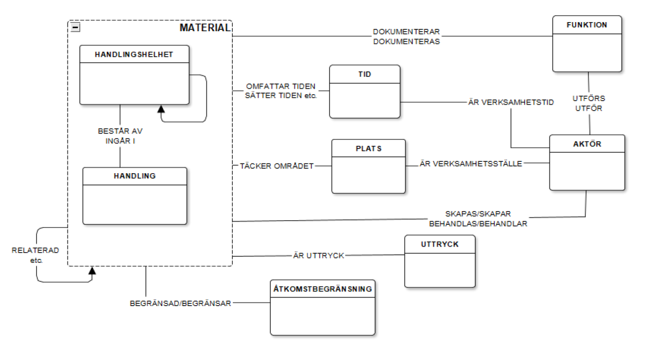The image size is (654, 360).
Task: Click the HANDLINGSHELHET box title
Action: coord(134,55)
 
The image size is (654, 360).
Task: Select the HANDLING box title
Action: coord(135,176)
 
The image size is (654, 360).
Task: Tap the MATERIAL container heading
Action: coord(205,27)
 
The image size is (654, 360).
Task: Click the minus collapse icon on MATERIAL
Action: coord(76,27)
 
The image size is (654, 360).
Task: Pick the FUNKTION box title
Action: coord(587,25)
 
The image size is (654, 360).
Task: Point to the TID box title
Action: coord(364,74)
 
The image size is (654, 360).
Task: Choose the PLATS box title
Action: coord(368,149)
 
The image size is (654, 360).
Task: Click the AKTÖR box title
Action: coord(587,144)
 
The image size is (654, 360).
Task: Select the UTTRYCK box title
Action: coord(440,244)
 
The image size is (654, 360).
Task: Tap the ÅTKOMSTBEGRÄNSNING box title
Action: coord(322,288)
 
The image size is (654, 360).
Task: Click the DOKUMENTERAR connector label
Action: coord(406,32)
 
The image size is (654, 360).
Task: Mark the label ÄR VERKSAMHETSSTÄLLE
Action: coord(471,164)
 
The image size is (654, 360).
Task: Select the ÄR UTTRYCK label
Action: coord(318,256)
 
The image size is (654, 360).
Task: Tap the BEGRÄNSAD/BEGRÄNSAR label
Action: coord(181,303)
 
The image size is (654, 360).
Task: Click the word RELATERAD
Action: coord(35,250)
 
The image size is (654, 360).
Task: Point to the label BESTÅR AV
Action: coord(120,131)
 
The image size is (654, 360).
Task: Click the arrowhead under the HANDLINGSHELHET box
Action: coord(161,108)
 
